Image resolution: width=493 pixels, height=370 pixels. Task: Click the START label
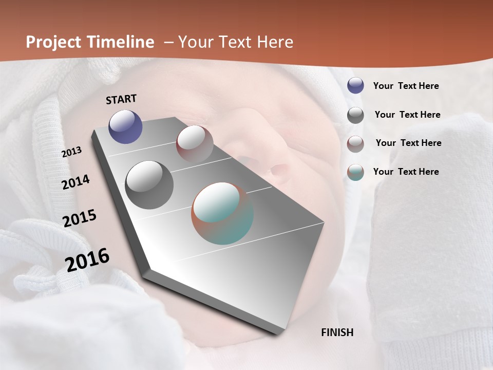click(x=121, y=99)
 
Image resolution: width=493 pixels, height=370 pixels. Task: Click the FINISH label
click(x=337, y=332)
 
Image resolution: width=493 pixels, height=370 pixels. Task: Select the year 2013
click(x=71, y=152)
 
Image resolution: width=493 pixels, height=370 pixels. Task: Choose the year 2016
click(x=87, y=260)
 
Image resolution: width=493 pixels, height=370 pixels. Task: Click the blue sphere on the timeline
click(x=125, y=126)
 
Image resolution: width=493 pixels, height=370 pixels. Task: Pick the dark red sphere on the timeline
click(x=195, y=143)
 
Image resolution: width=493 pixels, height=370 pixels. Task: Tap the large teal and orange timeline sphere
click(x=222, y=213)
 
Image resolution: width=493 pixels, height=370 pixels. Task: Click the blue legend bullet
click(x=355, y=86)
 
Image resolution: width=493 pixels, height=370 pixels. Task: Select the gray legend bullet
click(x=355, y=115)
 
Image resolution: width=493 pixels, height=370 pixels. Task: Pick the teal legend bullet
click(x=355, y=172)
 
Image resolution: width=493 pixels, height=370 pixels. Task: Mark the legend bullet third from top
click(x=355, y=144)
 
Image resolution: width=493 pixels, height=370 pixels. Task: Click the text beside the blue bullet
click(x=406, y=86)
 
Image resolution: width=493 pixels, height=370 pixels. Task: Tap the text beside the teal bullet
click(x=406, y=172)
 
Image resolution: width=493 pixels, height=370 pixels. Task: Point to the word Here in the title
click(x=275, y=42)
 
